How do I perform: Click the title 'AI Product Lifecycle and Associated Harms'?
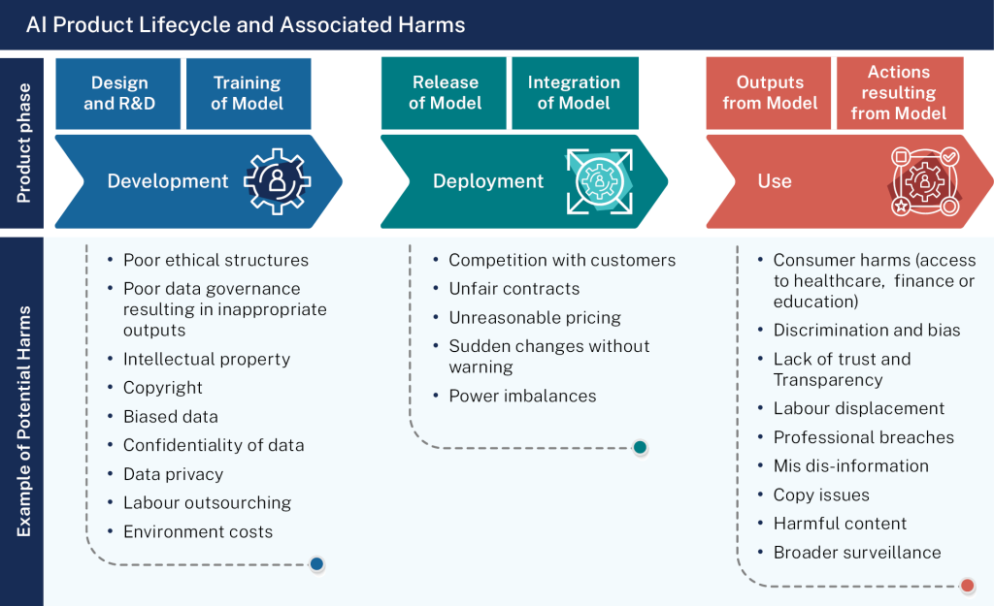point(246,25)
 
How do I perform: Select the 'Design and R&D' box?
point(118,93)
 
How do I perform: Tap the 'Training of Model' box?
point(248,93)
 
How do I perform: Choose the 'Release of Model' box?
point(445,93)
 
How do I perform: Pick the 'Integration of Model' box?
point(574,93)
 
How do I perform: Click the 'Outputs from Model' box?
point(770,93)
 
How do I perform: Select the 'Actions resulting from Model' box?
point(899,93)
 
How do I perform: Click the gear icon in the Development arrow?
point(278,180)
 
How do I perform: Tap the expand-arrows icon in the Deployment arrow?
point(599,180)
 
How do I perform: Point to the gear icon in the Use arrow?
point(924,181)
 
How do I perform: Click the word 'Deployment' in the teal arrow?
point(488,181)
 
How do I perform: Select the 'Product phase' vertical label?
point(23,144)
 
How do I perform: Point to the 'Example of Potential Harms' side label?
point(23,421)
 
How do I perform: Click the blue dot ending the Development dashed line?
point(316,564)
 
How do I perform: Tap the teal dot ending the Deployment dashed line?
point(640,447)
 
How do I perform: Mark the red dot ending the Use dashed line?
point(967,586)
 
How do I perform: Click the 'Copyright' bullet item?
point(163,388)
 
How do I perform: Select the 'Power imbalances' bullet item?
point(522,396)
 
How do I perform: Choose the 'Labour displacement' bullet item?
point(858,408)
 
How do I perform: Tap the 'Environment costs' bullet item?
point(198,531)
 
